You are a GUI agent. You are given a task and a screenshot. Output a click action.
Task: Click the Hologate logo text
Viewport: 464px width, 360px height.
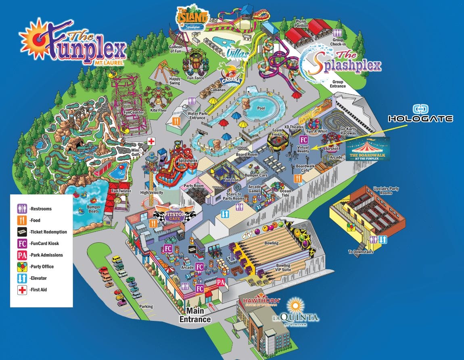(420, 119)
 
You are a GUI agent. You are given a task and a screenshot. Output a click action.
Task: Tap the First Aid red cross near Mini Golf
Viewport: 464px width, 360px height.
(151, 142)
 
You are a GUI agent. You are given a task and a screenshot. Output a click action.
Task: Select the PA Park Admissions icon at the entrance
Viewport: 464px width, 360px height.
(221, 282)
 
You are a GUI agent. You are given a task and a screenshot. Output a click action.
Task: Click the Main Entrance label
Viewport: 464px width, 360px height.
(195, 315)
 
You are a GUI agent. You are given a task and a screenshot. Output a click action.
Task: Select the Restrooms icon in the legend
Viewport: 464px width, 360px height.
(22, 209)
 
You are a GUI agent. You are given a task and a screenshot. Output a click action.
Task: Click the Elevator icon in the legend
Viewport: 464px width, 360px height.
(22, 278)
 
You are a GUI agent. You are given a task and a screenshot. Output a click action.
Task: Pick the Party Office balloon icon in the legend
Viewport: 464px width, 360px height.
(22, 266)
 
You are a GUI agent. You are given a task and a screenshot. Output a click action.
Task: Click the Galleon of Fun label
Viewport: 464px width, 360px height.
(176, 49)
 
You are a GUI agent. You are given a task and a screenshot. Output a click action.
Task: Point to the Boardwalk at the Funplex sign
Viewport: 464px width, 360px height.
(368, 149)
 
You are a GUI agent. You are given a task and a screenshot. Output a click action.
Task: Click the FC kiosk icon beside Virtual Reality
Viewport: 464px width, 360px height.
(304, 140)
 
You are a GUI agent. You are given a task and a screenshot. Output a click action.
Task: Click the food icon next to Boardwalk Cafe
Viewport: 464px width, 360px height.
(299, 178)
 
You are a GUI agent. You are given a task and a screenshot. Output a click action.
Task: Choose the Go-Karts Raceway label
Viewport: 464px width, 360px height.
(348, 130)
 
